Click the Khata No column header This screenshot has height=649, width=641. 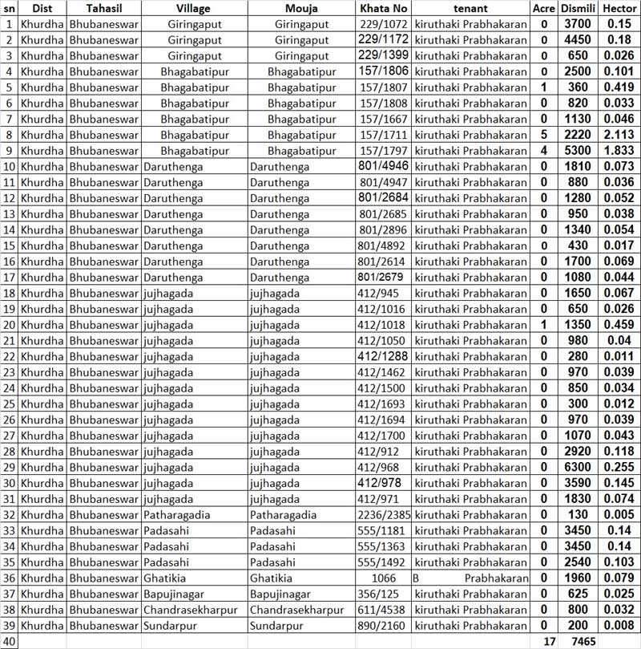[x=384, y=9]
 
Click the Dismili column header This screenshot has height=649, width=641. [x=578, y=9]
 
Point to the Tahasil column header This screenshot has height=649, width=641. [x=103, y=9]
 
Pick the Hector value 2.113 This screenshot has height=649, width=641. [x=619, y=135]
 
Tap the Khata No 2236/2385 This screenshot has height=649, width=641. [x=384, y=515]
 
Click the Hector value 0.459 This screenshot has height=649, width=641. [x=619, y=325]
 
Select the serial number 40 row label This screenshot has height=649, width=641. [x=9, y=641]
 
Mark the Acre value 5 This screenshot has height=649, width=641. [x=544, y=135]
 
